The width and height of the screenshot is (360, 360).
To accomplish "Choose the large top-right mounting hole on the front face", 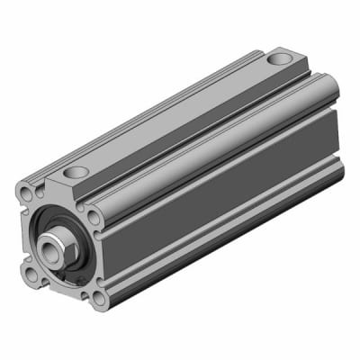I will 94,216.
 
